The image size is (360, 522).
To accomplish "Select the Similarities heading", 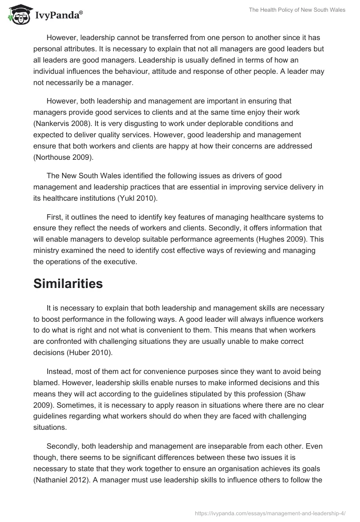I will (68, 283).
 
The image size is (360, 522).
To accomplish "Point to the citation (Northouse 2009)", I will (64, 158).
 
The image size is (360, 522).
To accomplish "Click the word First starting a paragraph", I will (54, 217).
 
